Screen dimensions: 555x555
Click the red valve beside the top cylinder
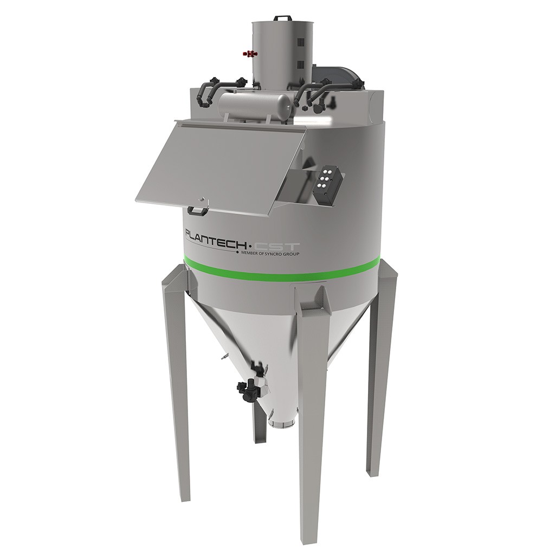tap(250, 54)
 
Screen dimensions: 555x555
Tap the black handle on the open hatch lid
tap(198, 209)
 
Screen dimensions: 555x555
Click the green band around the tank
tap(282, 267)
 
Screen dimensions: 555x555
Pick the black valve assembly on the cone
tap(250, 387)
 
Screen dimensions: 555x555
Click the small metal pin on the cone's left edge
tap(222, 358)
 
